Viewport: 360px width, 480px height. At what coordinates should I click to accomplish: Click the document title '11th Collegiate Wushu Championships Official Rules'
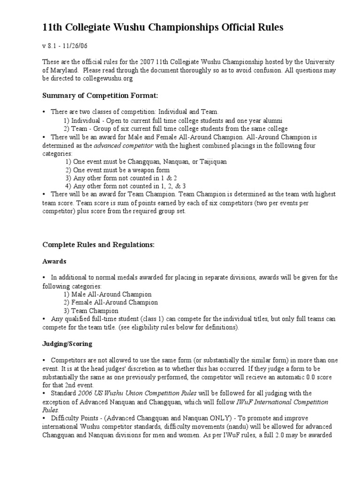tap(163, 28)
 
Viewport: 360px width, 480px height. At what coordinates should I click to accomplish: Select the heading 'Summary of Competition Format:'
tap(100, 96)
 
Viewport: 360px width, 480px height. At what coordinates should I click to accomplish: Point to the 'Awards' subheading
tap(54, 261)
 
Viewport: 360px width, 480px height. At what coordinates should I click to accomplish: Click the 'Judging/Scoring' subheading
tap(67, 344)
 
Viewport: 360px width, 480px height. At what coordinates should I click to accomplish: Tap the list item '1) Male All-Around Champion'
tap(107, 294)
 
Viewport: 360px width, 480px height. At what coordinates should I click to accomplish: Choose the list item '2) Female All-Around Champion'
tap(111, 302)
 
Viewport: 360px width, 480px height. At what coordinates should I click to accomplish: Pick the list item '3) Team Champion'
tap(91, 311)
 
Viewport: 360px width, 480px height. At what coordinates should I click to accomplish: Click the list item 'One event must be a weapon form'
tap(118, 170)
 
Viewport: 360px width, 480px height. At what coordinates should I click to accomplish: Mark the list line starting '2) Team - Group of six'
tap(175, 128)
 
